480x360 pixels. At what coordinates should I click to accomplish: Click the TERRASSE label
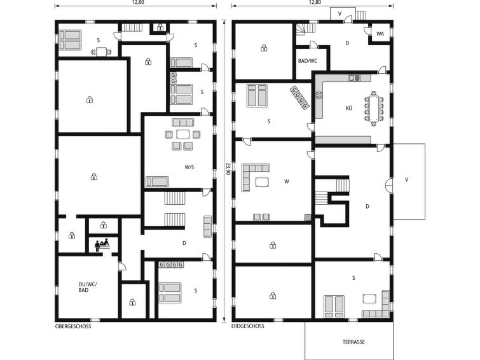[x=353, y=342]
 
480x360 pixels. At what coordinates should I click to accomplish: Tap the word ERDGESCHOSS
[x=248, y=326]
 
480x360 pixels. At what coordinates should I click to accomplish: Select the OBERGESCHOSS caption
[x=73, y=326]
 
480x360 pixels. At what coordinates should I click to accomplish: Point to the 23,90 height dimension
[x=228, y=169]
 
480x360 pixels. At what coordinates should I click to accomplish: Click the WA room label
[x=380, y=34]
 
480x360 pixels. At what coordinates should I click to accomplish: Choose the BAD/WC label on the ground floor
[x=308, y=61]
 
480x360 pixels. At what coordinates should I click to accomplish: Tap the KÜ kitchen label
[x=349, y=108]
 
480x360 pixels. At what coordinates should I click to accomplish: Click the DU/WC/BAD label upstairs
[x=88, y=287]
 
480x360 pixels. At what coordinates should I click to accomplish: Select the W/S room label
[x=189, y=167]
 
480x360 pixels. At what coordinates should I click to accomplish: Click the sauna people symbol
[x=102, y=244]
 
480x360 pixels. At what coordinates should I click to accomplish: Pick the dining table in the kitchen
[x=374, y=109]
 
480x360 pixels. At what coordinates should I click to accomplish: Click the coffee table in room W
[x=263, y=182]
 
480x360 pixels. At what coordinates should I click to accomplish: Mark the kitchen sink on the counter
[x=355, y=78]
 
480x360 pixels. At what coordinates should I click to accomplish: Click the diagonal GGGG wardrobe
[x=299, y=98]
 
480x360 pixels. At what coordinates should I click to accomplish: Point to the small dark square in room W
[x=308, y=218]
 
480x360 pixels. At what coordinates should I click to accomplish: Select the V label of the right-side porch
[x=406, y=180]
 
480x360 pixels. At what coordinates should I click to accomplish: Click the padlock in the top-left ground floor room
[x=264, y=48]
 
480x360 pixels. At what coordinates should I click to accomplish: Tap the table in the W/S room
[x=183, y=134]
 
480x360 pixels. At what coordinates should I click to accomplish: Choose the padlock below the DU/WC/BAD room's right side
[x=132, y=302]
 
